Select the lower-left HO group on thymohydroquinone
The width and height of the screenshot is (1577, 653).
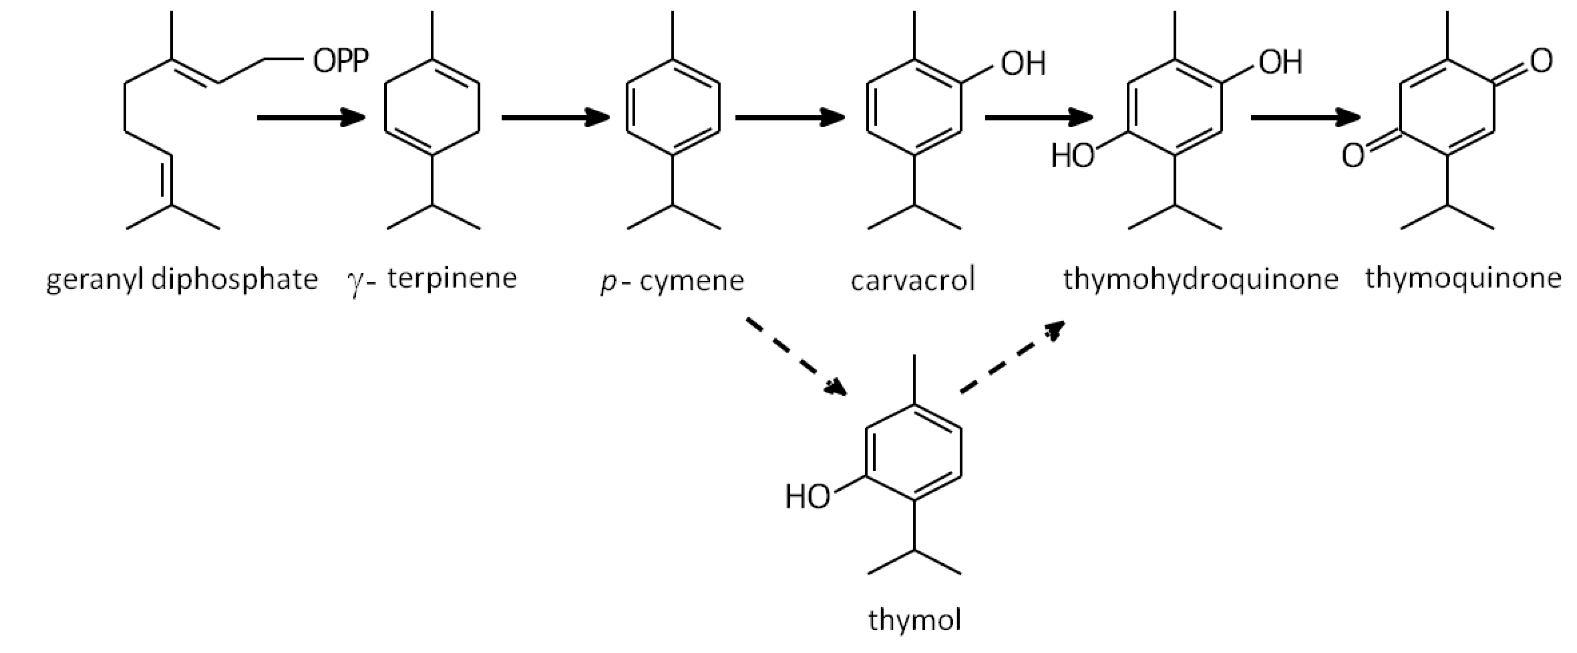1072,156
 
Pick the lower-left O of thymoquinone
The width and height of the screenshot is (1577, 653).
1353,156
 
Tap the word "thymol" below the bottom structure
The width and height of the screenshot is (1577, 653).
914,620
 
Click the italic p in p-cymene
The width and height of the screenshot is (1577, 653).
608,282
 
